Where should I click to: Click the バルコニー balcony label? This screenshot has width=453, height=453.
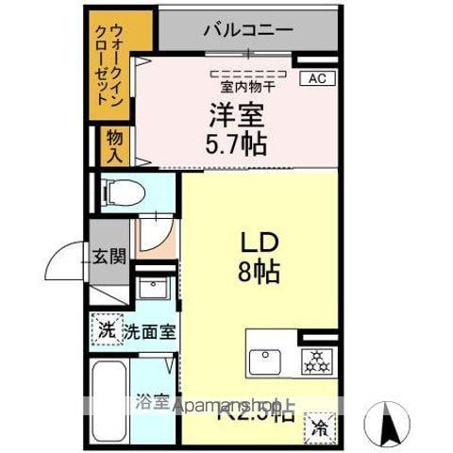(247, 29)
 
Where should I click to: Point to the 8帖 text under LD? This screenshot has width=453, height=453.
(258, 274)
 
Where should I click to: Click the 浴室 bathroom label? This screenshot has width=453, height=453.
(153, 401)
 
